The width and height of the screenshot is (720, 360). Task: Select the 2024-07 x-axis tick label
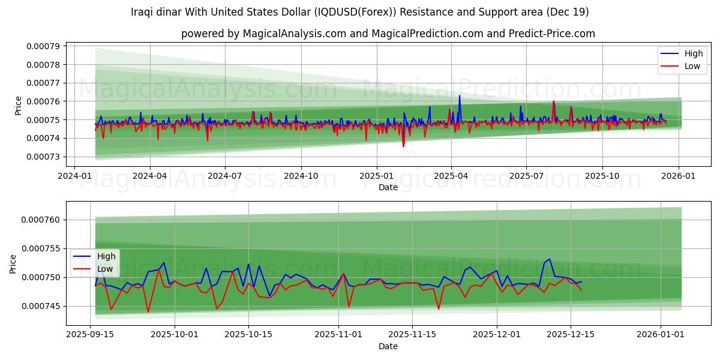tap(225, 177)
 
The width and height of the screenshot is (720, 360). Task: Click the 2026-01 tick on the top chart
tap(678, 177)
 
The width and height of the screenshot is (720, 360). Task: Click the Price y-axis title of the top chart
tap(18, 105)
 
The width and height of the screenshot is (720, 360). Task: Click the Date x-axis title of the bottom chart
tap(388, 346)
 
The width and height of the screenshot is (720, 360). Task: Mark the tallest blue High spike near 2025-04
tap(460, 96)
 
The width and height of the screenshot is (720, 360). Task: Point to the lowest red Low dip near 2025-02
tap(403, 146)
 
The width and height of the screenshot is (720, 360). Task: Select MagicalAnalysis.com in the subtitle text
tap(294, 34)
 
